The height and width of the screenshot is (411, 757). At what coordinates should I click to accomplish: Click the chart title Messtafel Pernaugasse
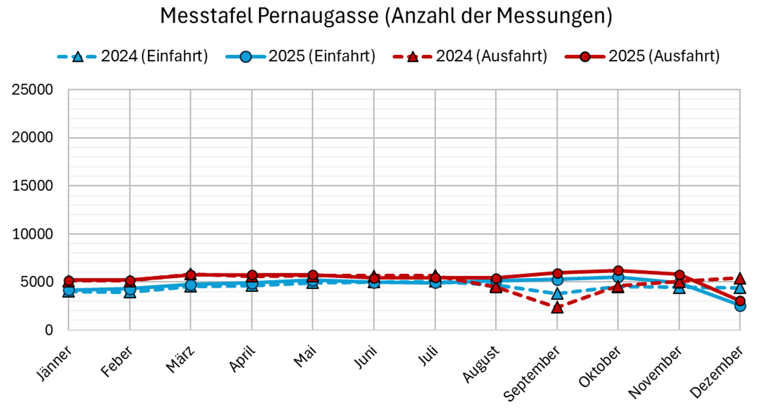[386, 16]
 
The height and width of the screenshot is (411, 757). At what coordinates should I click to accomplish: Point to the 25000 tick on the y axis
[33, 90]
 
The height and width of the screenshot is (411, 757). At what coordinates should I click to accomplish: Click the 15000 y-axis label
[33, 186]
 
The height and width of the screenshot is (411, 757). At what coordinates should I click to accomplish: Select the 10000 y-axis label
[33, 234]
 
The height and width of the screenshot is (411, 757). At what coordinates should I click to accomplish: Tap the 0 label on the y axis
[49, 330]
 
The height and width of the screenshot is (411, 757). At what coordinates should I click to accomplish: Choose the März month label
[180, 359]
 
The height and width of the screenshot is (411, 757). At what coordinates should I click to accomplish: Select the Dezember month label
[716, 372]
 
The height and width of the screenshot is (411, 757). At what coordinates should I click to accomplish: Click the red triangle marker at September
[557, 308]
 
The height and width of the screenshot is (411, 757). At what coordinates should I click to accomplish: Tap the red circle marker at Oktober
[618, 271]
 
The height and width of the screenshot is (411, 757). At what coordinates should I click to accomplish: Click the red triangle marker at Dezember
[740, 279]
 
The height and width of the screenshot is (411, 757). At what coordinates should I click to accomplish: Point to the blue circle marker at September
[557, 280]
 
